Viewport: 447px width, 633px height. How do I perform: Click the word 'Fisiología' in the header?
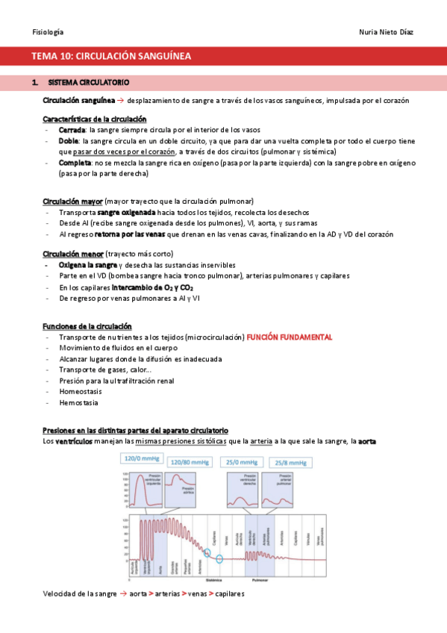[48, 32]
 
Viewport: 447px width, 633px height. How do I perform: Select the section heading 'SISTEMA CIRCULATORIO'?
[89, 81]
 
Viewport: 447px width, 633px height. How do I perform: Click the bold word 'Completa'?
[75, 162]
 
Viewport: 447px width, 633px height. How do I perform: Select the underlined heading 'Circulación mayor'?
[72, 202]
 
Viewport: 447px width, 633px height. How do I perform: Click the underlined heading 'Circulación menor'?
[73, 254]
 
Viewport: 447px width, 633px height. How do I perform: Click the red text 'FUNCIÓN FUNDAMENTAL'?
[290, 337]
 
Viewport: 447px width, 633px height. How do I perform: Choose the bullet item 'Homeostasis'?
[78, 392]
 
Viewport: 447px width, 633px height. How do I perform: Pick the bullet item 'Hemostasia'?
[78, 402]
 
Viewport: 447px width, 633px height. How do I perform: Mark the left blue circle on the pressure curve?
[207, 552]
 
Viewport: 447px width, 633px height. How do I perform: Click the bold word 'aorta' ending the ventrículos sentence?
[367, 442]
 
